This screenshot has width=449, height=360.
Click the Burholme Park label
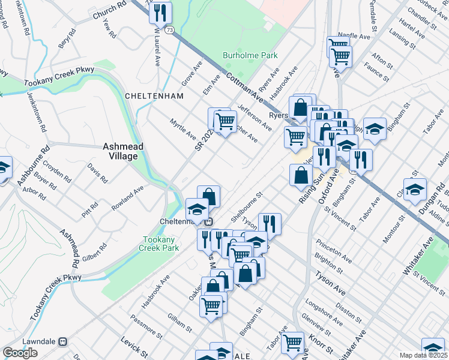pyautogui.click(x=250, y=55)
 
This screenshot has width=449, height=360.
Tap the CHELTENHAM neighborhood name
pyautogui.click(x=149, y=96)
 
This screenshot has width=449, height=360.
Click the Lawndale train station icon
pyautogui.click(x=61, y=341)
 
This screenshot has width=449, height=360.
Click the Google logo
pyautogui.click(x=20, y=353)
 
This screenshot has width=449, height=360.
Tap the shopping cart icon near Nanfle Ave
pyautogui.click(x=340, y=56)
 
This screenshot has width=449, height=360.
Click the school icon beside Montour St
pyautogui.click(x=415, y=189)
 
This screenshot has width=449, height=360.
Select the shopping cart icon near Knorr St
pyautogui.click(x=292, y=342)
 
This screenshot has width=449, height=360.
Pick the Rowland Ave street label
pyautogui.click(x=127, y=198)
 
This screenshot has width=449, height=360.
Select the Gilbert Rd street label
pyautogui.click(x=95, y=251)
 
